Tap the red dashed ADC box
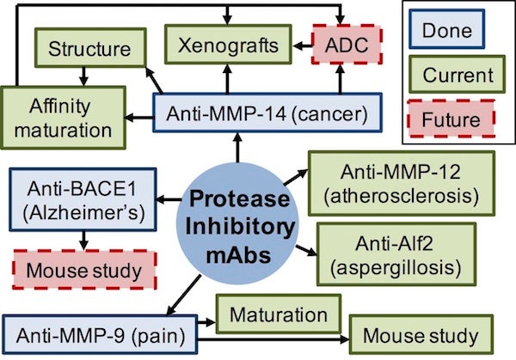(x=341, y=47)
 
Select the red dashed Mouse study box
(x=82, y=271)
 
